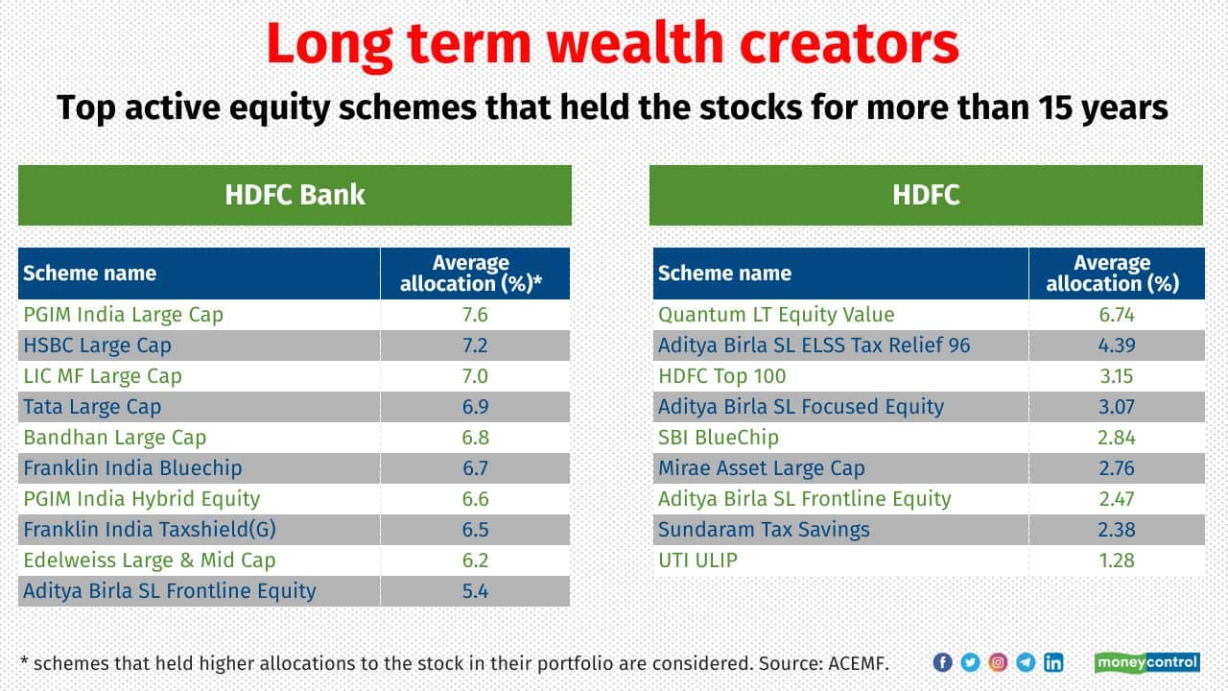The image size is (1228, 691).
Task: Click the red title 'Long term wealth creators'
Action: (612, 45)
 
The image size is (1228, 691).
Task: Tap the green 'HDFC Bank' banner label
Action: (295, 195)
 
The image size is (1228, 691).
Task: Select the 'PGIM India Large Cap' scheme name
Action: (124, 315)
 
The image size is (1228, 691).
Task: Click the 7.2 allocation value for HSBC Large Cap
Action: (475, 345)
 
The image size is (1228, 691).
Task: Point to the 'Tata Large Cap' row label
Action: (92, 407)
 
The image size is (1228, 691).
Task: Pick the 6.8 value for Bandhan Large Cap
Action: (475, 438)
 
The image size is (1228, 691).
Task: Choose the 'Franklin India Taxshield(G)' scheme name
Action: (150, 530)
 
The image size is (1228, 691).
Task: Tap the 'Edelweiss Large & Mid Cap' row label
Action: (150, 560)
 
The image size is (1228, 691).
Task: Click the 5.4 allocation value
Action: (475, 591)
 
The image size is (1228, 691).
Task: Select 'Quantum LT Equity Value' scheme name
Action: (776, 315)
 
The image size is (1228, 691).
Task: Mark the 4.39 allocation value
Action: (1117, 345)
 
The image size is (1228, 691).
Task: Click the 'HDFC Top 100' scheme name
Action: (722, 376)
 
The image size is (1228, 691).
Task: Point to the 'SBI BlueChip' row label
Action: (719, 438)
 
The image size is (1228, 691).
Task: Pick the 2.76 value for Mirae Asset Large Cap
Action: (1117, 468)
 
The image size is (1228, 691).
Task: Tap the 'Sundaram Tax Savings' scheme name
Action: (764, 530)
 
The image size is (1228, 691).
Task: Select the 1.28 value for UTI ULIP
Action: (1117, 560)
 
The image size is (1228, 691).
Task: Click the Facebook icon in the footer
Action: (942, 662)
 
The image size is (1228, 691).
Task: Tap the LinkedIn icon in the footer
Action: (1053, 662)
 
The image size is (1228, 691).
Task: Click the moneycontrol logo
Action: (1146, 662)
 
